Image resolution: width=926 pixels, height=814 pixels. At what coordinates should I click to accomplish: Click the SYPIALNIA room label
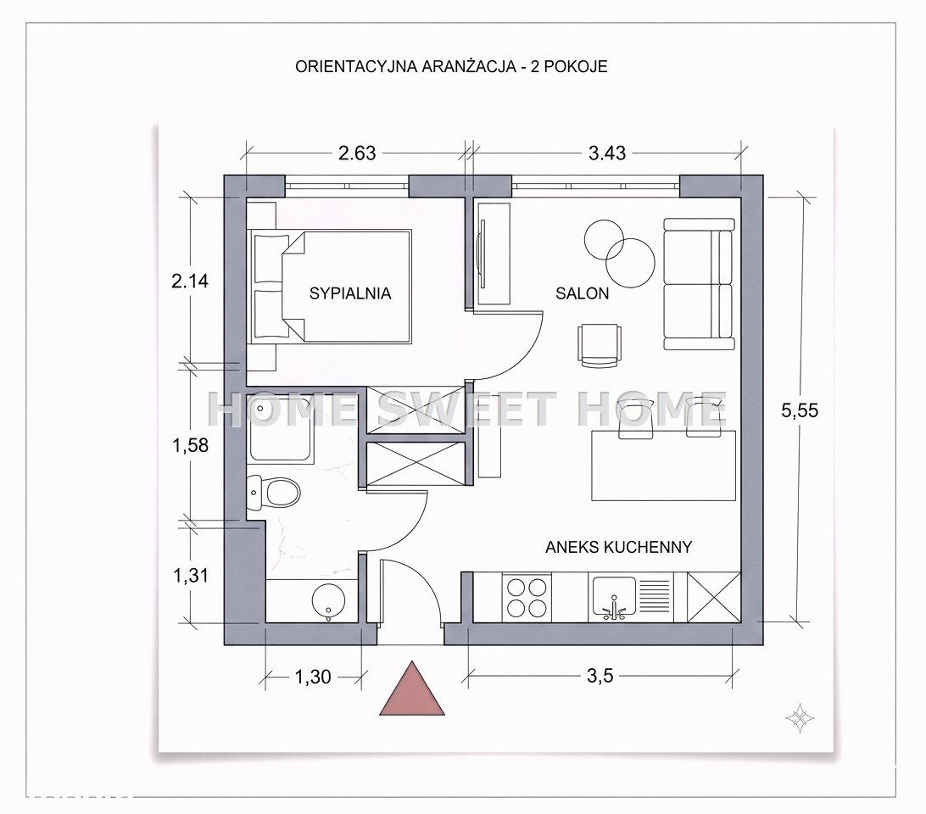pos(350,293)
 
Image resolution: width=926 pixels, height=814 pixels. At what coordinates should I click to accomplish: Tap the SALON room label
pos(582,293)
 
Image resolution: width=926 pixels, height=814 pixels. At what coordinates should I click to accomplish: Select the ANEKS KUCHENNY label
pos(618,547)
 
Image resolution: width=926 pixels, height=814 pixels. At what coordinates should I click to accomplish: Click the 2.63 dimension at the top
pos(357,153)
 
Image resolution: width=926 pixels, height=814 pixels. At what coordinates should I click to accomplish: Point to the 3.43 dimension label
pos(607,153)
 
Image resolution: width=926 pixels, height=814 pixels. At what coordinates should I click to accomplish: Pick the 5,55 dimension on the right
pos(800,410)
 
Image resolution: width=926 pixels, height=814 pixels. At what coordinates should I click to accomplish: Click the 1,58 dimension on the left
pos(190,445)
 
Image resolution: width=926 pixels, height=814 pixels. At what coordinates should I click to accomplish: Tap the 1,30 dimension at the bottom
pos(312,677)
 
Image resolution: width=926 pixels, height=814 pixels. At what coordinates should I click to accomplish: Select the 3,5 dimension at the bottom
pos(600,675)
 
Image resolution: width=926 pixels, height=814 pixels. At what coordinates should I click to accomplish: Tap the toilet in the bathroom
pos(273,493)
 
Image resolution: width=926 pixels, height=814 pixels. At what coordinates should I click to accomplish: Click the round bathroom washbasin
pos(328,601)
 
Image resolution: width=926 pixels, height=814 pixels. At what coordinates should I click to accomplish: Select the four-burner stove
pos(527,598)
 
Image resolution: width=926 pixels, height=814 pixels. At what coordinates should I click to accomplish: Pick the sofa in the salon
pos(700,284)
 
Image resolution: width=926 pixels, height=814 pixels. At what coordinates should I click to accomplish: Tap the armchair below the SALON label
pos(600,345)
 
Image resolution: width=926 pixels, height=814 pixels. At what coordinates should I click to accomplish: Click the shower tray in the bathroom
pos(282,428)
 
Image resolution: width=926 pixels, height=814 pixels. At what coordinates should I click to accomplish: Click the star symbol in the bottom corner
pos(800,718)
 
